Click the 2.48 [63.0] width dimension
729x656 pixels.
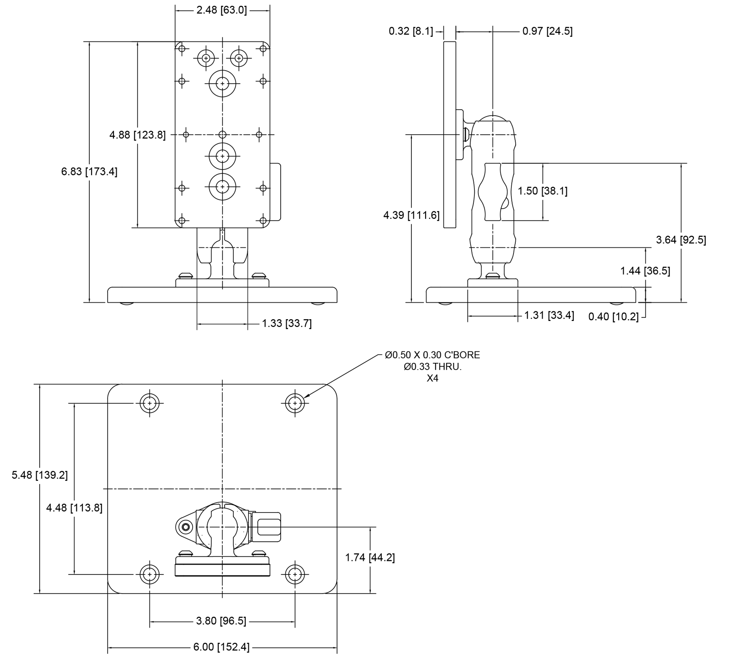point(221,10)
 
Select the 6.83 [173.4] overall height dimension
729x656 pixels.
point(89,172)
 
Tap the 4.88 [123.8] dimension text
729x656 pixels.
point(138,135)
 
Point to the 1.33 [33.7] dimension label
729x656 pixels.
point(287,324)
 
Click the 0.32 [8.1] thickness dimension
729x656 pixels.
point(411,31)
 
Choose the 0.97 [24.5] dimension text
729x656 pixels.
point(547,31)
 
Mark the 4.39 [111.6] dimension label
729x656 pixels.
point(411,215)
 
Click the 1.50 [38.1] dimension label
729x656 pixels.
point(543,191)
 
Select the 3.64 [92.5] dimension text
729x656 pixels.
point(681,240)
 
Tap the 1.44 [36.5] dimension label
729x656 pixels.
point(645,271)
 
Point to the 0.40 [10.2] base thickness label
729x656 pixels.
point(613,316)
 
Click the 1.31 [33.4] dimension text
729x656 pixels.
point(549,315)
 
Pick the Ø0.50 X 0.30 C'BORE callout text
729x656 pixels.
point(432,355)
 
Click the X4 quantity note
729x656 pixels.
point(432,378)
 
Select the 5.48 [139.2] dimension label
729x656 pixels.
point(40,475)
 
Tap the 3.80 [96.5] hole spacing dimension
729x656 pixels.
point(221,621)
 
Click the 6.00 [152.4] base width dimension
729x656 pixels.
point(221,647)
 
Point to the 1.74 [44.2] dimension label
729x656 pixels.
point(370,558)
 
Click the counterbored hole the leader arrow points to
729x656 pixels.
point(295,403)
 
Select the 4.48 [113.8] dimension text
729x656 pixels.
point(74,508)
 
